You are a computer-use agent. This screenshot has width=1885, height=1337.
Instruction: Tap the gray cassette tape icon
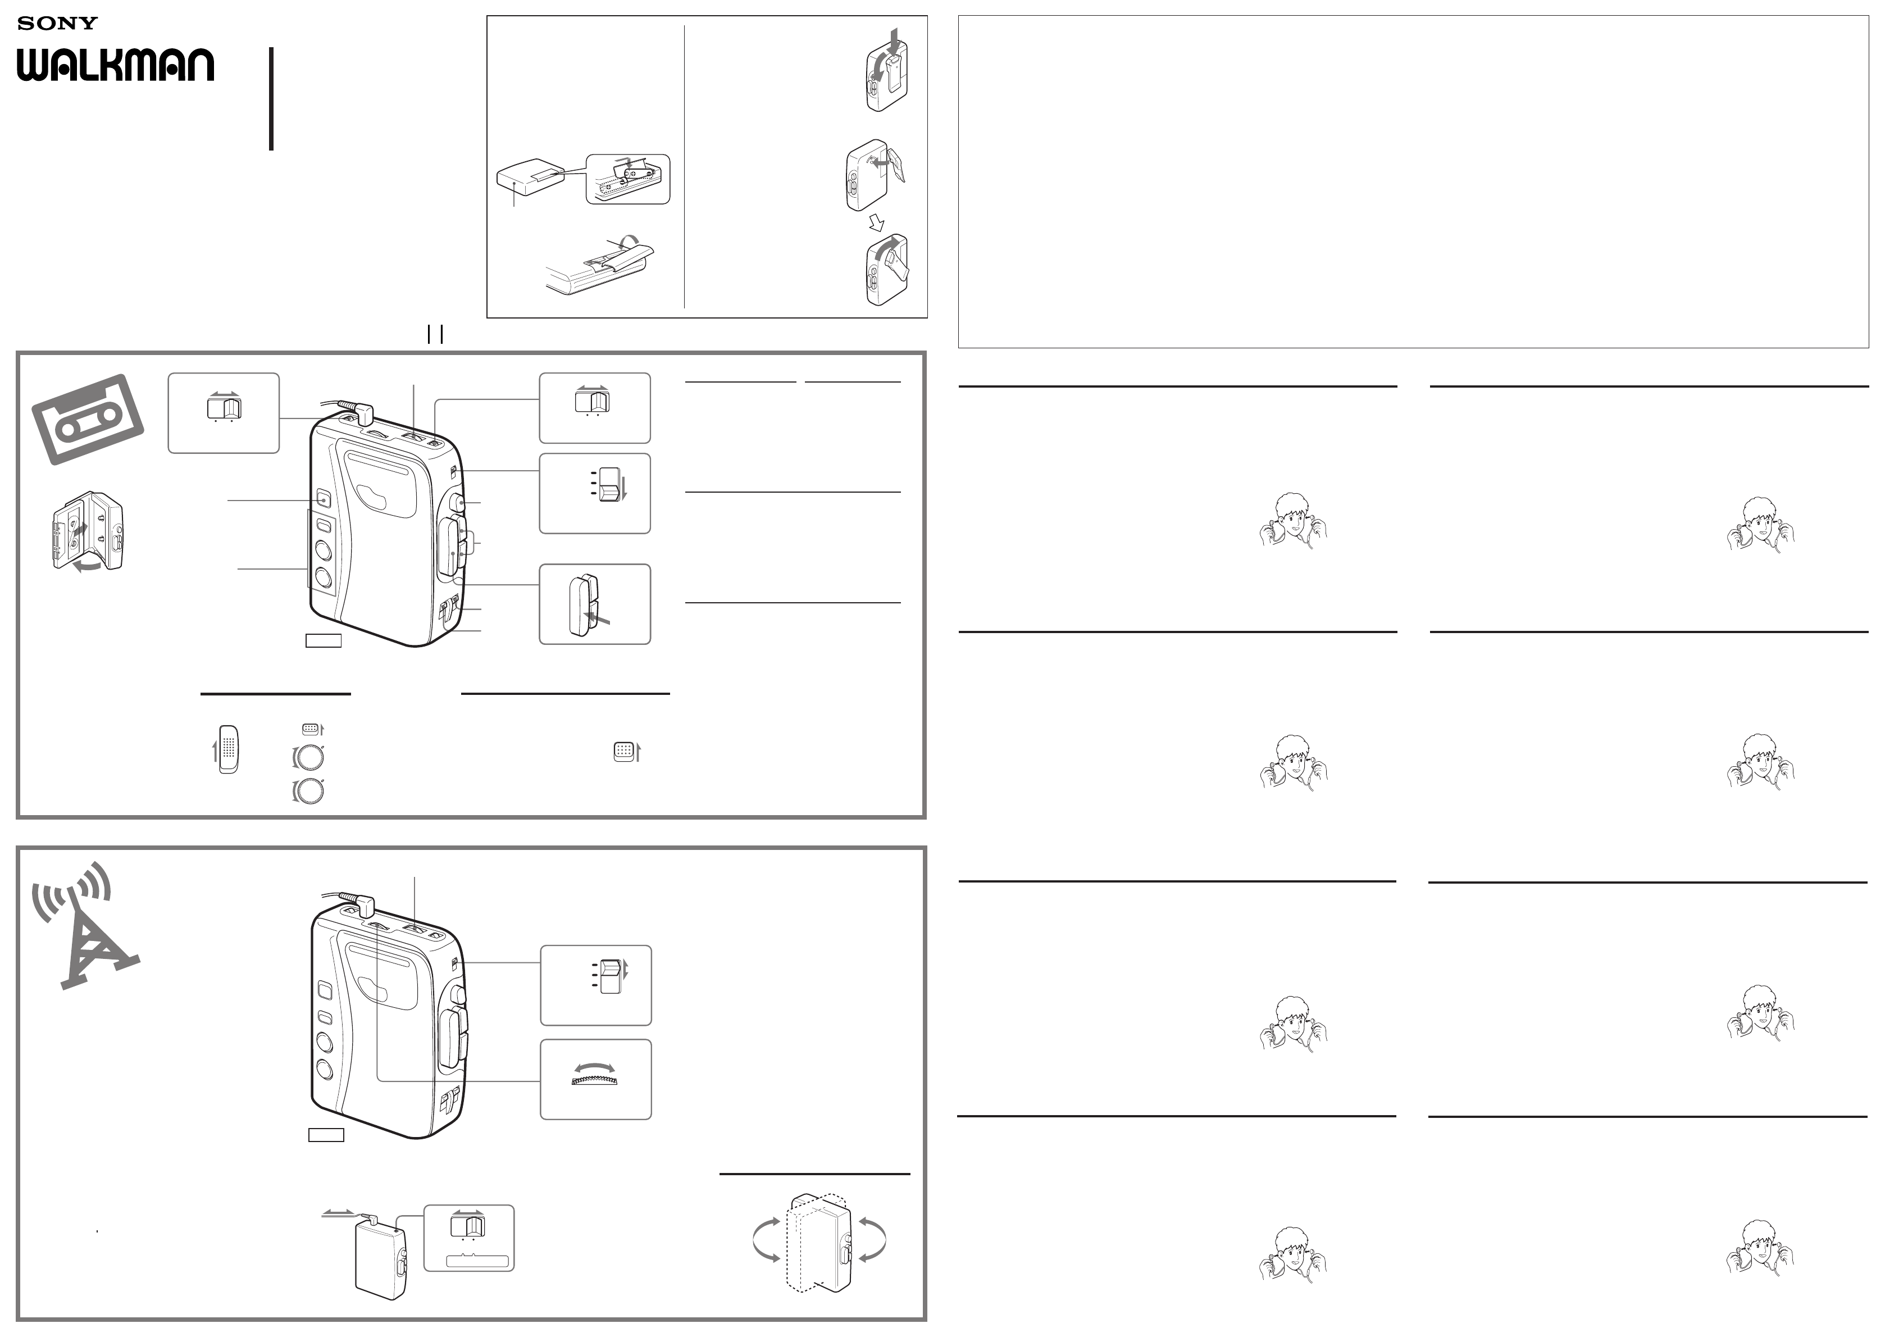88,419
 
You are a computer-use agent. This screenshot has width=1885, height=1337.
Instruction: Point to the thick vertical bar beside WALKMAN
271,99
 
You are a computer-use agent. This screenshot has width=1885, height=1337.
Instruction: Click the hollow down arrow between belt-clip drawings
877,222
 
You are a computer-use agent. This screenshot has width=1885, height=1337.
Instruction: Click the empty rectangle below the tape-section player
324,640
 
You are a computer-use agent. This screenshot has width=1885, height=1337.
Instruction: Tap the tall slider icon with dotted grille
228,749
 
